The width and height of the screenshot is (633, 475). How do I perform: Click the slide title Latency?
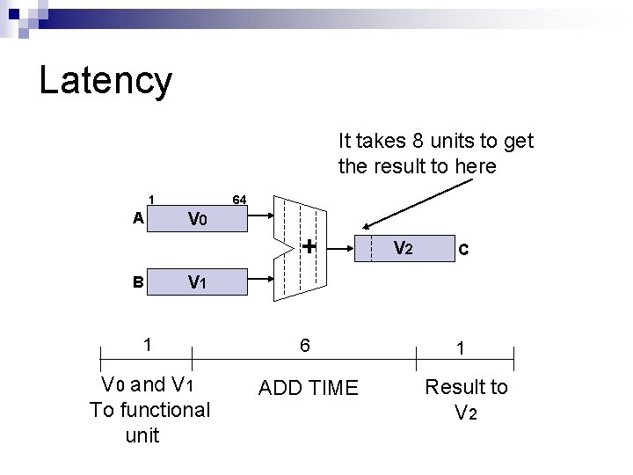coord(105,81)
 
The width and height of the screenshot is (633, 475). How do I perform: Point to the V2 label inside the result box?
coord(403,249)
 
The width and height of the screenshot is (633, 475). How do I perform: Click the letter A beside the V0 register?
coord(138,218)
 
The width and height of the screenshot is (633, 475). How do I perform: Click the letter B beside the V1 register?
coord(138,283)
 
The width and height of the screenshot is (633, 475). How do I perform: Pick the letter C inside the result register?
coord(463,251)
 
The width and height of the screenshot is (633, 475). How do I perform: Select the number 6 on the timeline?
coord(304,346)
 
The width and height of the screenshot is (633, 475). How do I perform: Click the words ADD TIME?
coord(309,388)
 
